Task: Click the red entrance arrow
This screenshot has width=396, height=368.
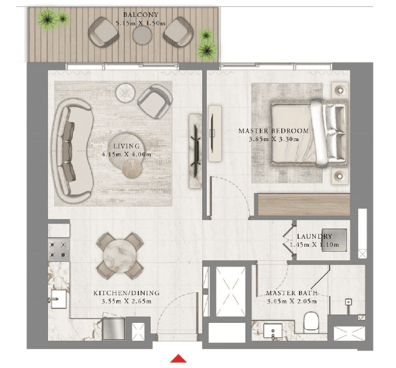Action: (179, 358)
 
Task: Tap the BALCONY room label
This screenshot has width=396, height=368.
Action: (141, 15)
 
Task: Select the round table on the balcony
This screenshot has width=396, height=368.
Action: (142, 36)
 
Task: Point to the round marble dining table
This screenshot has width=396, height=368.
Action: (120, 256)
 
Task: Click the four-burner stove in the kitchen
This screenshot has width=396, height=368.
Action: (59, 250)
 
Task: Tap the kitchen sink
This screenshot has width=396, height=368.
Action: (59, 299)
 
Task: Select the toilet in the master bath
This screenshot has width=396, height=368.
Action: (311, 323)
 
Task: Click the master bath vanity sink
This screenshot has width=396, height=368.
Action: (273, 331)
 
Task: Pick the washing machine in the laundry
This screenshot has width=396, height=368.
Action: (334, 240)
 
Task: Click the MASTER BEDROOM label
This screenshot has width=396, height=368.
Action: (273, 131)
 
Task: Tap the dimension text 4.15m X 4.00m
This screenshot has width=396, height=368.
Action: (127, 154)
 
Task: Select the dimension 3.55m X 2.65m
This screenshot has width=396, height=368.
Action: (127, 301)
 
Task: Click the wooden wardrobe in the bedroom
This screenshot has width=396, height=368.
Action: (304, 205)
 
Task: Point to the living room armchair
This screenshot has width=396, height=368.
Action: (155, 102)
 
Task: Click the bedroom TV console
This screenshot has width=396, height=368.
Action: (215, 134)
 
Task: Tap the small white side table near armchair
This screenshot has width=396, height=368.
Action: (125, 93)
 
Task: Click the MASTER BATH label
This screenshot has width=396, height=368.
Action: (291, 293)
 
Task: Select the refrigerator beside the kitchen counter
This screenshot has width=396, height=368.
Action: (114, 328)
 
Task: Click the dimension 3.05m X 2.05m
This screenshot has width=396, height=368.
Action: (291, 301)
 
